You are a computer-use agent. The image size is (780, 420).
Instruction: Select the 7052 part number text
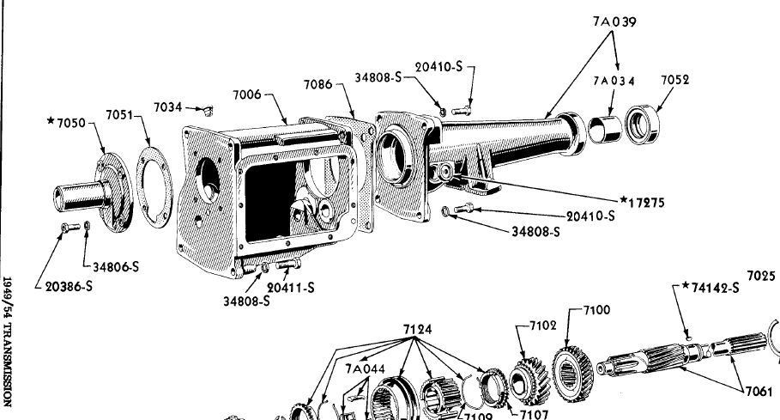(676, 80)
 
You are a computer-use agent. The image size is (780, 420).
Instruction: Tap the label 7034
(168, 107)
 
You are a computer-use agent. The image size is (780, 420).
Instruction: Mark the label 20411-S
(290, 288)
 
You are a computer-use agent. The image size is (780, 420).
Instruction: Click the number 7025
(761, 276)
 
